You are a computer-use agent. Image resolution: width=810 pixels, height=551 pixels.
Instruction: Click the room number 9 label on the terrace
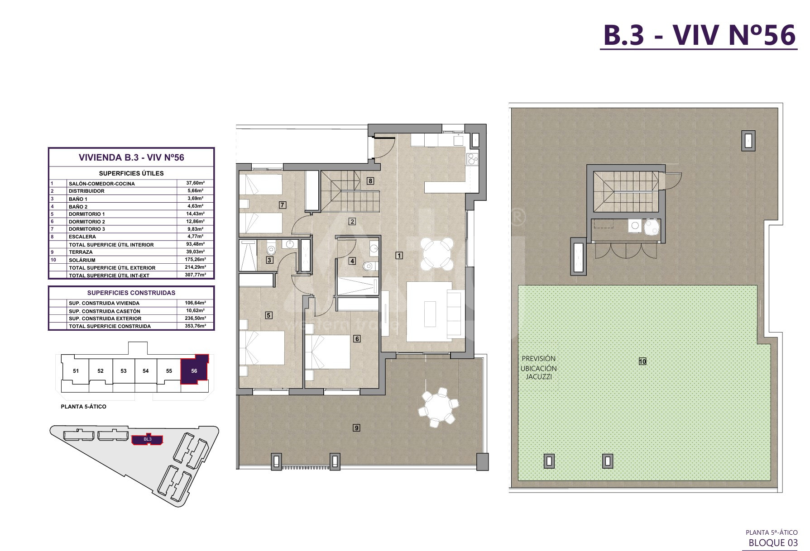pyautogui.click(x=357, y=427)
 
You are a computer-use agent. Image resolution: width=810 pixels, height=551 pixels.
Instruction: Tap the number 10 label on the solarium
pyautogui.click(x=642, y=361)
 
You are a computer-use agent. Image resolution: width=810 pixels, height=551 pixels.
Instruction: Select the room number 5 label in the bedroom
pyautogui.click(x=268, y=315)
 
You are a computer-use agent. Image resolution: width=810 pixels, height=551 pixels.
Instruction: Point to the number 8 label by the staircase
pyautogui.click(x=370, y=181)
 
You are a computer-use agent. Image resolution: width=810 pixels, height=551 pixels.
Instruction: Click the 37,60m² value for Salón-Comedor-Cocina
pyautogui.click(x=196, y=183)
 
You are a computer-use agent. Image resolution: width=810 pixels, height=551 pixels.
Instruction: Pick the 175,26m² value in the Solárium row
pyautogui.click(x=196, y=260)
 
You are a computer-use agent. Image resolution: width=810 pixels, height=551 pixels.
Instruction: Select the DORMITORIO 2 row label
pyautogui.click(x=87, y=222)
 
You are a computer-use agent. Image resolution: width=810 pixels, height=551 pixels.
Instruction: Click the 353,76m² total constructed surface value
pyautogui.click(x=196, y=326)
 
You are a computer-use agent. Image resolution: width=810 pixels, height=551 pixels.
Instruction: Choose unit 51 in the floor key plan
pyautogui.click(x=76, y=371)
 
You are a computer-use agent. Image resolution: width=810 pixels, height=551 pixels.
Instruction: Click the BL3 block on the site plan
pyautogui.click(x=147, y=439)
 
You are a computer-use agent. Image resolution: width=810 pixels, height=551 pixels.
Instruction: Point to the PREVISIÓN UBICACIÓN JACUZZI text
pyautogui.click(x=538, y=368)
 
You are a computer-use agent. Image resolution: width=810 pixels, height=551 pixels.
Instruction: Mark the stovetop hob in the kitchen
pyautogui.click(x=472, y=158)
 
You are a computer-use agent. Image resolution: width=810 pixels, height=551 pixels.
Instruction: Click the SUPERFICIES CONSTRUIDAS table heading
pyautogui.click(x=131, y=293)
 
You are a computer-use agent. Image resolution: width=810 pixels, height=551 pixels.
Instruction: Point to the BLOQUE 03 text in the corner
pyautogui.click(x=773, y=543)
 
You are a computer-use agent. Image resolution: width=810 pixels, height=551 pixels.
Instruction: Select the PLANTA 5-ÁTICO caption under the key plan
pyautogui.click(x=84, y=407)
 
